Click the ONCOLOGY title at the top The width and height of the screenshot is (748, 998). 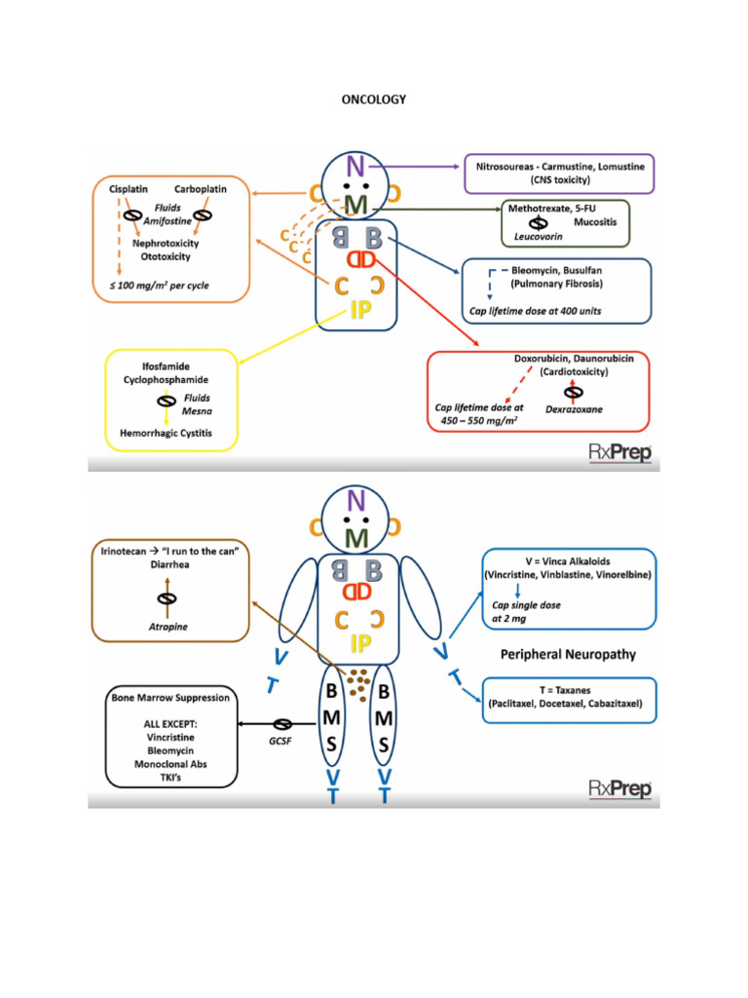coord(374,98)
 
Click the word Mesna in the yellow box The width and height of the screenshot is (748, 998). coord(197,411)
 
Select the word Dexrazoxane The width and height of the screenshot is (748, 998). coord(574,410)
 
